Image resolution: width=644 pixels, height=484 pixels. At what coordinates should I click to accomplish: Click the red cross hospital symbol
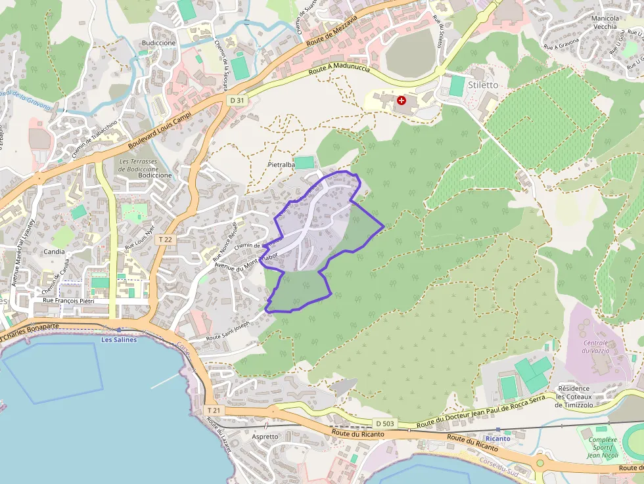401,100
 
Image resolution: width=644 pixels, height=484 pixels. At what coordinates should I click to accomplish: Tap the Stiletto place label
483,85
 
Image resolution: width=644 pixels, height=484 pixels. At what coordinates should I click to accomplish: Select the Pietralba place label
281,165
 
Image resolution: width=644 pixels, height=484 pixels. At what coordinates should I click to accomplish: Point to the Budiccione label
158,43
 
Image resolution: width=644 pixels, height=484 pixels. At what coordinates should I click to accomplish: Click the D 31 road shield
237,100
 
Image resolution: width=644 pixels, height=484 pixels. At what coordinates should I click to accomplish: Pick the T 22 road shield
165,240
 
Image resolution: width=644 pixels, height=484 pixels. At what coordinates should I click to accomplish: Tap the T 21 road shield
214,410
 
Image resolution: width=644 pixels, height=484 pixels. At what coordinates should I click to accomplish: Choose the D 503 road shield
385,424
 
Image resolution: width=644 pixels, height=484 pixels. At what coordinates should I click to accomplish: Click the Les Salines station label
119,340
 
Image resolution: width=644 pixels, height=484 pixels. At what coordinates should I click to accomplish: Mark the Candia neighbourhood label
54,252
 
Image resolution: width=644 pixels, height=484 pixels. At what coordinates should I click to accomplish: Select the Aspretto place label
265,436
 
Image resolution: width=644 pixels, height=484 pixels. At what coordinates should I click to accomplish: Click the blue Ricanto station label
497,438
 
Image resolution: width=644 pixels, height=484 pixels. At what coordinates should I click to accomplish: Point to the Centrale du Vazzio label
596,347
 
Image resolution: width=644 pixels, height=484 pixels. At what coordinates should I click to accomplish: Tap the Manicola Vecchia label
605,22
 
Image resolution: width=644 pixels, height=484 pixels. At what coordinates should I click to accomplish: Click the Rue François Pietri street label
69,301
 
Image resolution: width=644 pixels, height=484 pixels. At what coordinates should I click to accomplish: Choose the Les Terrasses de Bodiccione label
138,165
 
